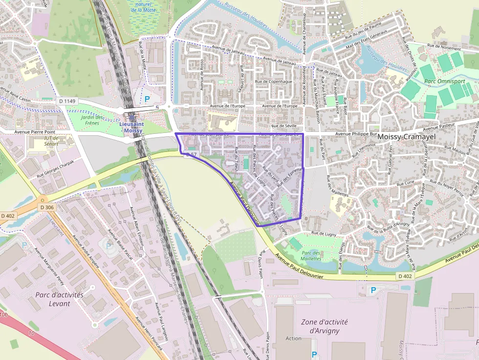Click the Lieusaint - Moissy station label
(x=131, y=127)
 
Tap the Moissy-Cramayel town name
(x=406, y=137)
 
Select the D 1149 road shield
(x=67, y=101)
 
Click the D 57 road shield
(x=191, y=154)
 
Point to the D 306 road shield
(x=47, y=207)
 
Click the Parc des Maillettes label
(x=311, y=255)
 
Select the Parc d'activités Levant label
(x=59, y=299)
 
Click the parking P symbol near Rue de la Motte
(x=147, y=99)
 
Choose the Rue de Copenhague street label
(x=274, y=82)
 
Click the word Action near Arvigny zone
(x=293, y=339)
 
